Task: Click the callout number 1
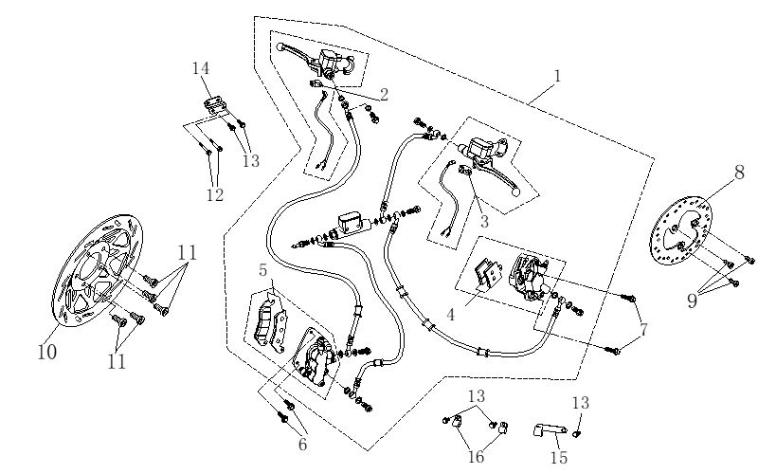tap(558, 74)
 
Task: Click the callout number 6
tap(302, 443)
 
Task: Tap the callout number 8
tap(738, 173)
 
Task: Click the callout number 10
tap(46, 353)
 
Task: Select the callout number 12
tap(215, 194)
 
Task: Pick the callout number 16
tap(476, 457)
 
